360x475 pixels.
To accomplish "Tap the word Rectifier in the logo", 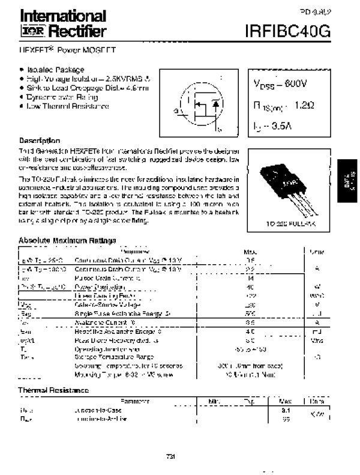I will pos(70,31).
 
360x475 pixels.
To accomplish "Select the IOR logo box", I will pos(29,31).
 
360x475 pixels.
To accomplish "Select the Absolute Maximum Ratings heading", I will pos(67,241).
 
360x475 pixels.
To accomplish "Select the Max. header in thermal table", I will pos(286,401).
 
